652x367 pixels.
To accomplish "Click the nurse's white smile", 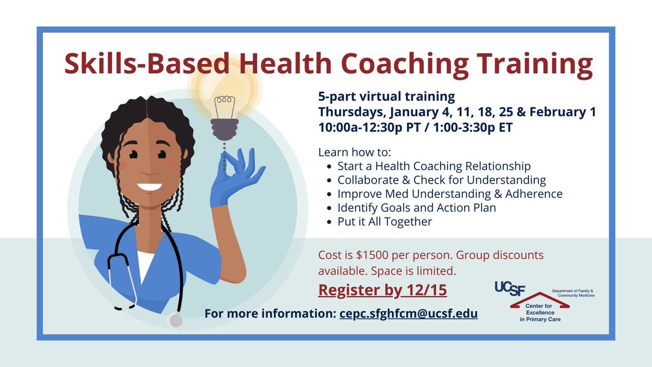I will pos(149,187).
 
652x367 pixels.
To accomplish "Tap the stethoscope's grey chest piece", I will pos(175,320).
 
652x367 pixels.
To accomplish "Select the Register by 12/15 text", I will pos(383,290).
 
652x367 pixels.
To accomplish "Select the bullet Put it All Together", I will pos(385,221).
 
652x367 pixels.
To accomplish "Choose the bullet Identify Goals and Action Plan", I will pos(416,208).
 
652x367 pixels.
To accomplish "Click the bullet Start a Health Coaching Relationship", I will pos(434,166).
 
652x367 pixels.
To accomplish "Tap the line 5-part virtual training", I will pos(386,97).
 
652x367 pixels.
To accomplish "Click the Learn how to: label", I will pos(350,152).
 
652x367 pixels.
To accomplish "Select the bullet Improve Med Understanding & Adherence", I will pos(449,194).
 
